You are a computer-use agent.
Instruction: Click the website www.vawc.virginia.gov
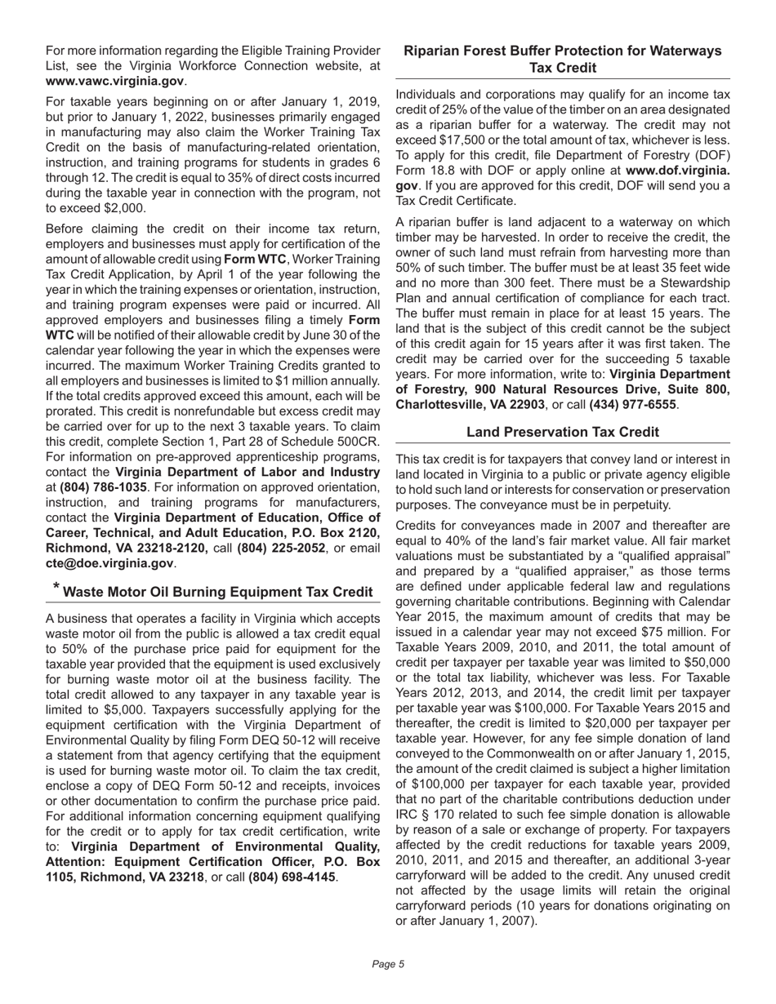[114, 82]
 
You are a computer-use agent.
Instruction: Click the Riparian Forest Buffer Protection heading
[563, 60]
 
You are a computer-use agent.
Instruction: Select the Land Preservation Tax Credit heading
[563, 432]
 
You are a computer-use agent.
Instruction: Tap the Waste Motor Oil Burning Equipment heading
[217, 592]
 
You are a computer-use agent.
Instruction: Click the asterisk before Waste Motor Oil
[56, 588]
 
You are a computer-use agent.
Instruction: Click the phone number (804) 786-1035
[102, 486]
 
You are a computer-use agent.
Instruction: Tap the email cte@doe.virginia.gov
[109, 563]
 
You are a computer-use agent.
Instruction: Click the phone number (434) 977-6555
[632, 405]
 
